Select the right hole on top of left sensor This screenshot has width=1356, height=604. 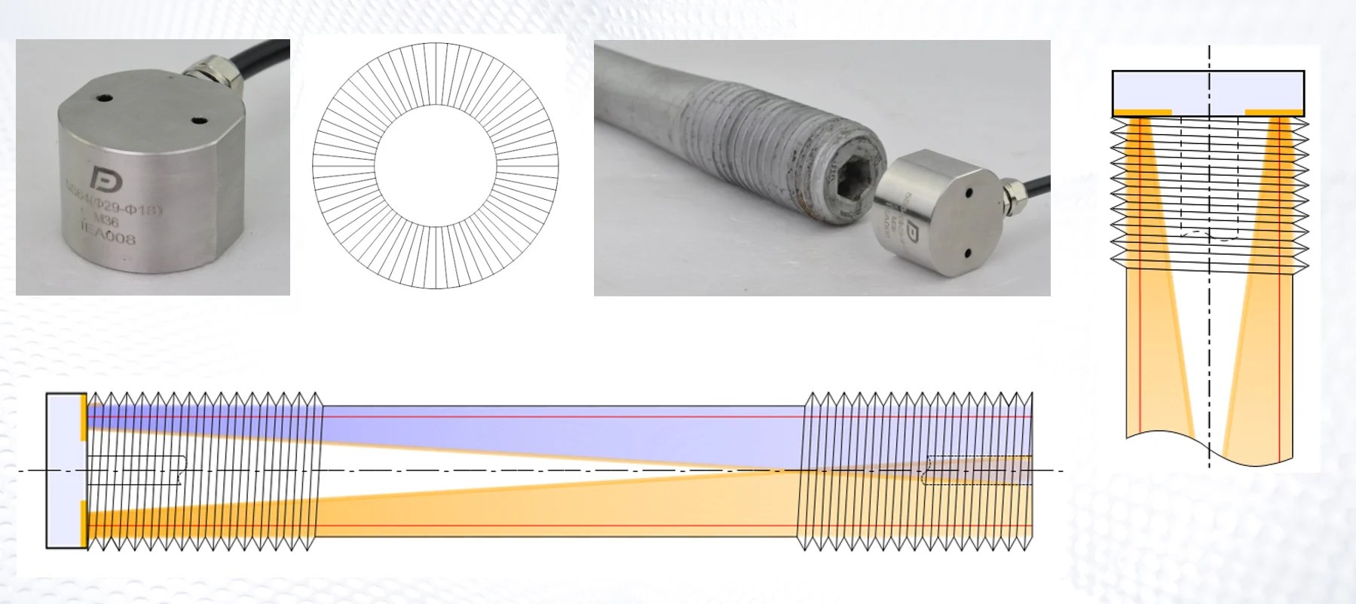pos(199,120)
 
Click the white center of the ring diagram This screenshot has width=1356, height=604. pos(435,165)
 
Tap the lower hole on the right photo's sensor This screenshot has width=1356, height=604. pos(965,252)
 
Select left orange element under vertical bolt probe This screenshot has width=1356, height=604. pos(1142,113)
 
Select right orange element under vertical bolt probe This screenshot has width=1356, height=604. pos(1274,113)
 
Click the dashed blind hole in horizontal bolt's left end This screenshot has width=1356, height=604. pos(136,471)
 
